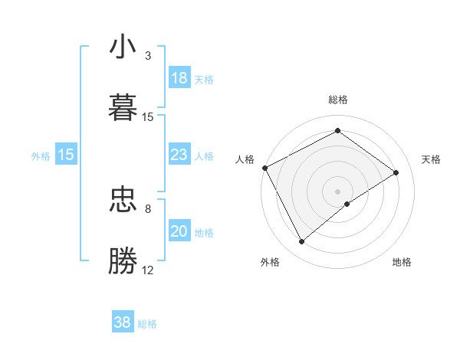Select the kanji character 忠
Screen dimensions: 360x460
pyautogui.click(x=123, y=201)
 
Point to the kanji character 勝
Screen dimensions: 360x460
pyautogui.click(x=123, y=261)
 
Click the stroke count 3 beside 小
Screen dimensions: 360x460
pyautogui.click(x=148, y=56)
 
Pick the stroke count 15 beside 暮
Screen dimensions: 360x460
pyautogui.click(x=148, y=117)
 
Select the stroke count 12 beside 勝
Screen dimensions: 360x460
pyautogui.click(x=148, y=270)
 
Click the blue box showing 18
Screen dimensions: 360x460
pyautogui.click(x=179, y=78)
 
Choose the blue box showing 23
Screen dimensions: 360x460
pyautogui.click(x=179, y=155)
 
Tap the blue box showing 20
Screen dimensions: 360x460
pyautogui.click(x=179, y=231)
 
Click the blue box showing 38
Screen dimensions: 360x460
pyautogui.click(x=123, y=322)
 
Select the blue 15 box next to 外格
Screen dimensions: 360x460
pyautogui.click(x=66, y=155)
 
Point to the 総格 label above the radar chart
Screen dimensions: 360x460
pyautogui.click(x=338, y=100)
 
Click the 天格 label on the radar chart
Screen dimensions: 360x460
pyautogui.click(x=431, y=159)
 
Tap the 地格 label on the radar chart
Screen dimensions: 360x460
pyautogui.click(x=402, y=262)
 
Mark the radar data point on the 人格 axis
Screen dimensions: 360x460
pyautogui.click(x=264, y=168)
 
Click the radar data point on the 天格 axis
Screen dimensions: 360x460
pyautogui.click(x=396, y=172)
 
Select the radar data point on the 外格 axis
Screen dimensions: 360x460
pyautogui.click(x=302, y=242)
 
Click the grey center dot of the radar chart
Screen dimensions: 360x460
pyautogui.click(x=338, y=191)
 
